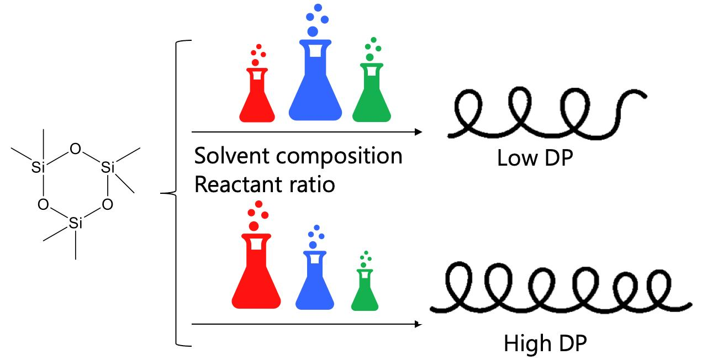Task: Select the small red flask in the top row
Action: click(257, 99)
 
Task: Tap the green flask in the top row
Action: click(371, 97)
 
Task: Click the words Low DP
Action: click(535, 158)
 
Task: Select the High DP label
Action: click(545, 343)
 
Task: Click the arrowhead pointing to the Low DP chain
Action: click(418, 132)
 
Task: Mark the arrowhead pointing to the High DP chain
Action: click(418, 324)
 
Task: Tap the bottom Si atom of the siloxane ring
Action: click(76, 223)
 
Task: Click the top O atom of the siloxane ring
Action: click(76, 148)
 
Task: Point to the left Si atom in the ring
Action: click(38, 168)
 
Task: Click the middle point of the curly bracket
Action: click(162, 193)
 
